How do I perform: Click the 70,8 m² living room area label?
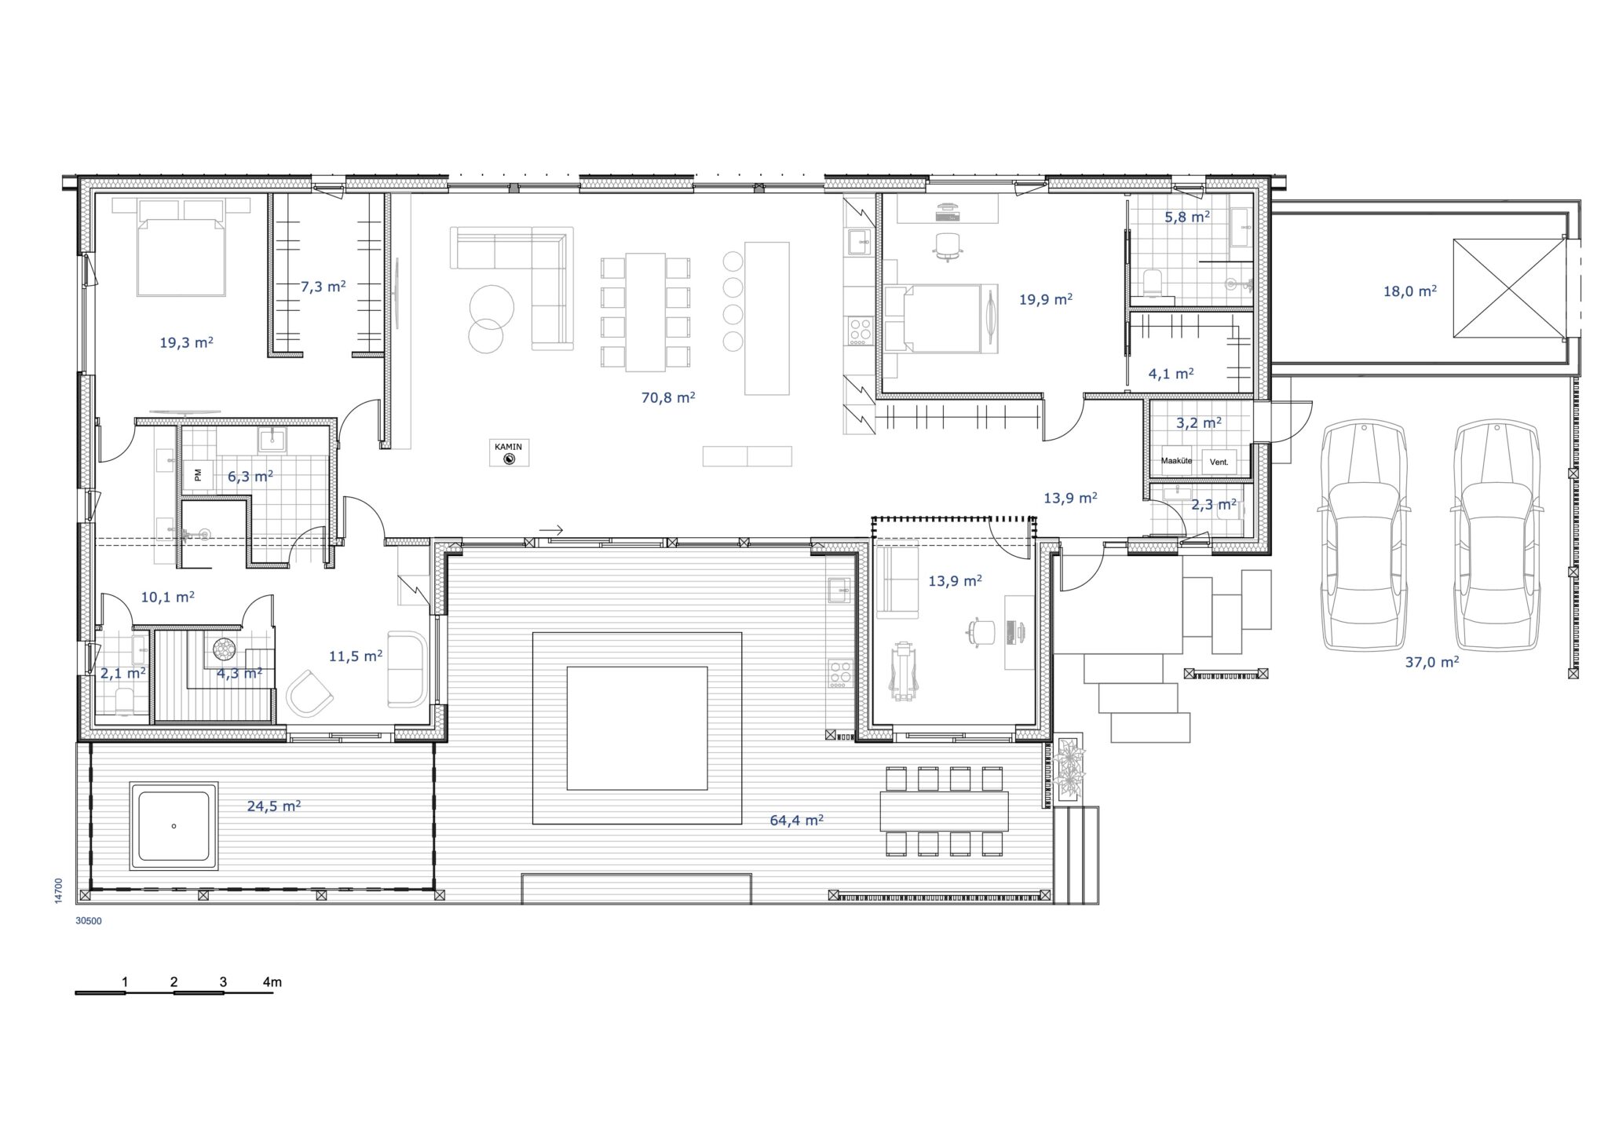pos(668,397)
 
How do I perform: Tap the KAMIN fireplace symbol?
pos(509,452)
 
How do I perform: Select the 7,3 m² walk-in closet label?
pos(323,287)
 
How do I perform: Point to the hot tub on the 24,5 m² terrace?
pos(174,826)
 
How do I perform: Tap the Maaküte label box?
pos(1176,461)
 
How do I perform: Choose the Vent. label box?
pos(1219,462)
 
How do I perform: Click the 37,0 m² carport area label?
pos(1432,662)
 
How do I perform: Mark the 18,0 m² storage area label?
pos(1410,291)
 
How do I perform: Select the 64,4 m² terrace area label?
pos(796,821)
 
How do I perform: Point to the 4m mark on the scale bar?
pos(272,982)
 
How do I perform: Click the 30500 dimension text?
pos(89,921)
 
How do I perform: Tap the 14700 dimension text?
pos(59,892)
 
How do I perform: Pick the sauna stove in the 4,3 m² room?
pos(223,649)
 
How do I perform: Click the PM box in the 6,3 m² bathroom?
pos(197,474)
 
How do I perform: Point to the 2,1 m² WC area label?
pos(122,673)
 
